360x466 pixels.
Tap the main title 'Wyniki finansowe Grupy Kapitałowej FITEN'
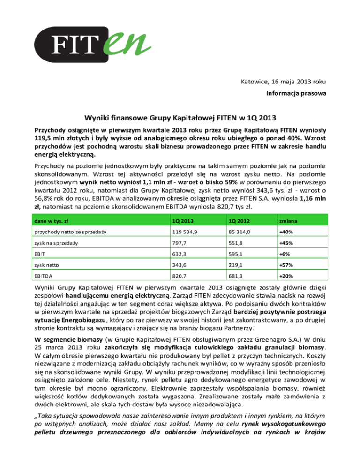pyautogui.click(x=180, y=117)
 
